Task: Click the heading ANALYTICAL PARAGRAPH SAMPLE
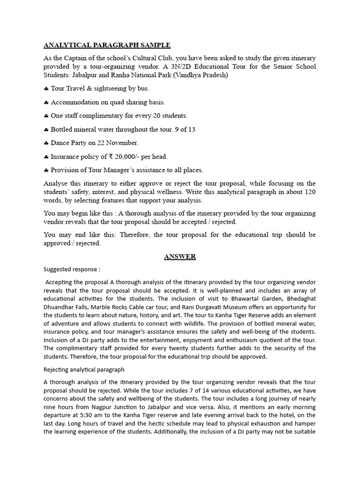point(107,45)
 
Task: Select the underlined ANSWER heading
point(180,256)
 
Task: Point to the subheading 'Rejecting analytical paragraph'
point(84,369)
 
